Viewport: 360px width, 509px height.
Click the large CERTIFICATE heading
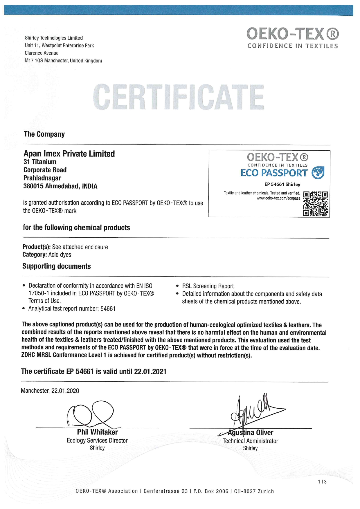coord(179,97)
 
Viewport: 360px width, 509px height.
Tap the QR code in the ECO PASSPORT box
coord(316,204)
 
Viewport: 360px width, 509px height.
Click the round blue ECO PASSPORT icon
coord(318,173)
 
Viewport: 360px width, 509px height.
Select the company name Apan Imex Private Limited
coord(69,154)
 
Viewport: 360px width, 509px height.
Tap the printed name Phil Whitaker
coord(97,432)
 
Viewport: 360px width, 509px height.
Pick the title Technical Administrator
coord(250,441)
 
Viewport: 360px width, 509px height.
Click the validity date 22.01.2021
coord(150,371)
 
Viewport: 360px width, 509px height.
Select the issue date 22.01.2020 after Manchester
coord(65,391)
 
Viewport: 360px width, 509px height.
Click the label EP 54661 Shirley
coord(282,184)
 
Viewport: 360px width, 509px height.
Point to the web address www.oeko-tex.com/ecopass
coord(278,198)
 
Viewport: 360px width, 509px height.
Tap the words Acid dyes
coord(60,255)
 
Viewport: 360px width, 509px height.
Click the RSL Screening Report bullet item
coord(208,286)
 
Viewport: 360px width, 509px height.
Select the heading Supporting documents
coord(57,266)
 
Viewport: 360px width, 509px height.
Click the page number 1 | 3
coord(322,482)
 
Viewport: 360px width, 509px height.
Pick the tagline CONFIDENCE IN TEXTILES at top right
coord(293,46)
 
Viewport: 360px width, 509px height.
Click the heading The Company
coord(44,134)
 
